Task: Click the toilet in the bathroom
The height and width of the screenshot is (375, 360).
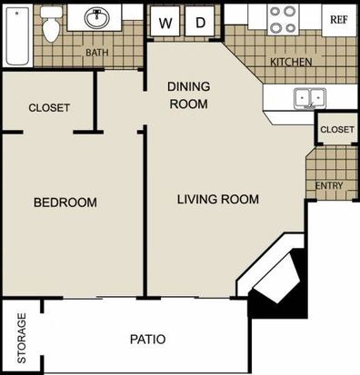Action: [x=51, y=25]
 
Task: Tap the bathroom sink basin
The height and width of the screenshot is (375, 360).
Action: [x=97, y=17]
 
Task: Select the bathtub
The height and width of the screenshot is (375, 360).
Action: [x=18, y=35]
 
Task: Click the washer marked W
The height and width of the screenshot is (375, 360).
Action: [x=165, y=22]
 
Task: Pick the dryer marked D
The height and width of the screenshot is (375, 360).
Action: [x=200, y=22]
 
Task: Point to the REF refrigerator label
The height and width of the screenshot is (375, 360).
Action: [x=339, y=20]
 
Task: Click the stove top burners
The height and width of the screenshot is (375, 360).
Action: [x=284, y=20]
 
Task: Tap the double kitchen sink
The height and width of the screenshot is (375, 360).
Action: [x=310, y=98]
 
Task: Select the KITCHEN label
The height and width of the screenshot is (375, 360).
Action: [x=291, y=62]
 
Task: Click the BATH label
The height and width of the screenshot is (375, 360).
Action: [x=97, y=53]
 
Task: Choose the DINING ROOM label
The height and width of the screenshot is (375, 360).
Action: [x=188, y=95]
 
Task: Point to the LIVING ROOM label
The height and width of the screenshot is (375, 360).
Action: [x=218, y=199]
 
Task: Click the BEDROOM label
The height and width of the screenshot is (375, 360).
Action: [x=65, y=202]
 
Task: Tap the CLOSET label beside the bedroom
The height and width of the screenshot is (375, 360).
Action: [x=49, y=108]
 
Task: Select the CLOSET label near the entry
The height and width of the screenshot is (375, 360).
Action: [x=337, y=130]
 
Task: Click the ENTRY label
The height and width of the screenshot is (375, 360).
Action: [x=329, y=185]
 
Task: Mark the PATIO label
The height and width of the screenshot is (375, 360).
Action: [x=148, y=340]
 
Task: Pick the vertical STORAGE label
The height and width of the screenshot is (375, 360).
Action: [x=22, y=338]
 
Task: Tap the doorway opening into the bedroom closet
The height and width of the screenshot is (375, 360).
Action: [x=48, y=133]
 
